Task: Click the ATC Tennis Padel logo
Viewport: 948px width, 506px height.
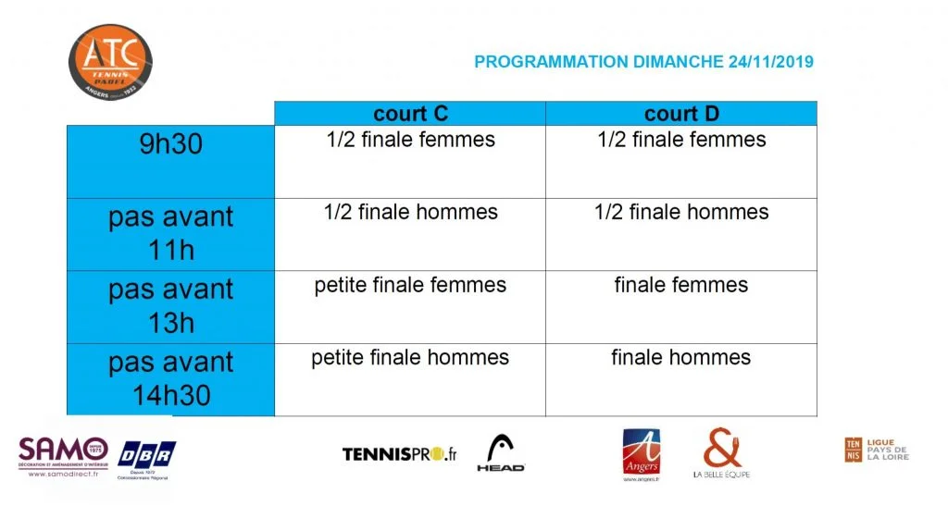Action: tap(109, 61)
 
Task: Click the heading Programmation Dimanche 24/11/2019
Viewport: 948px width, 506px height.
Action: tap(643, 62)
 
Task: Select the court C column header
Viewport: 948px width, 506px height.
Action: tap(410, 114)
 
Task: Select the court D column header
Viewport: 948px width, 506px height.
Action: tap(681, 114)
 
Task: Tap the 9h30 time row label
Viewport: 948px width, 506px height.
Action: tap(170, 145)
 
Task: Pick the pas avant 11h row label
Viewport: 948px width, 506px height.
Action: tap(170, 233)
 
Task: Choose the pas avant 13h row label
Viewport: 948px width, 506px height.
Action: tap(170, 306)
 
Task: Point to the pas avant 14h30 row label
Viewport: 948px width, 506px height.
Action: tap(170, 379)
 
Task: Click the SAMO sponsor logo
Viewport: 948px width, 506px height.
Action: tap(63, 455)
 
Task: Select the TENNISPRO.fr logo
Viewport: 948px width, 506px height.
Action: tap(400, 454)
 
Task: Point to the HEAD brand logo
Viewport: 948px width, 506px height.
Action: tap(501, 453)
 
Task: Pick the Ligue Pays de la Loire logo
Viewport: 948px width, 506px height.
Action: tap(876, 450)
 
